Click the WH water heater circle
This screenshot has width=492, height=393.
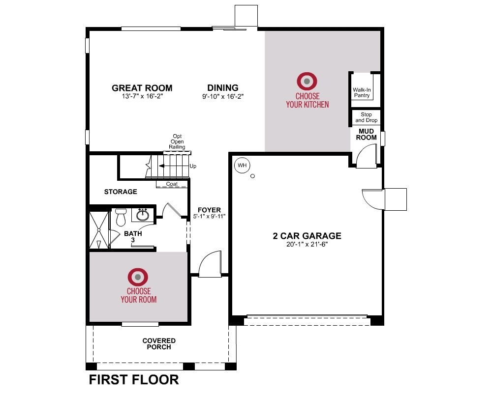242,165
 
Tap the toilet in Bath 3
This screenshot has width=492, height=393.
121,217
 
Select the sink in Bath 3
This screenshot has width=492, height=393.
143,215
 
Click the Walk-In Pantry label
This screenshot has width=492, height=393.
362,92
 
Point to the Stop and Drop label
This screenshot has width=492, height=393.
366,117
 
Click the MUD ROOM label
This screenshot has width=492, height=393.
366,135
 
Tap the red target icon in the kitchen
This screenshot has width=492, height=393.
307,81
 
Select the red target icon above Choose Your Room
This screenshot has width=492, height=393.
138,277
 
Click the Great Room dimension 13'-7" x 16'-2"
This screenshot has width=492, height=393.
143,96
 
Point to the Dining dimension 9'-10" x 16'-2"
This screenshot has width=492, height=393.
223,96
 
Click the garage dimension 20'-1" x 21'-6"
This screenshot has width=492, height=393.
307,244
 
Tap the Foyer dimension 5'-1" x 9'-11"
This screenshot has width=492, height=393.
209,216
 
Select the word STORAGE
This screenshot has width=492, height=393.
121,192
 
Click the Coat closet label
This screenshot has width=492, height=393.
172,184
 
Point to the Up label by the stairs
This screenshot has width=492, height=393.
193,166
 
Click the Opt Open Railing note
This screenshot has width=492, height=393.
177,141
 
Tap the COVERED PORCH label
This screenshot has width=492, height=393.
159,344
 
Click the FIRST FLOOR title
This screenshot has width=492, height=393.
134,380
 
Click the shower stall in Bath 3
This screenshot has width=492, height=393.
99,230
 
